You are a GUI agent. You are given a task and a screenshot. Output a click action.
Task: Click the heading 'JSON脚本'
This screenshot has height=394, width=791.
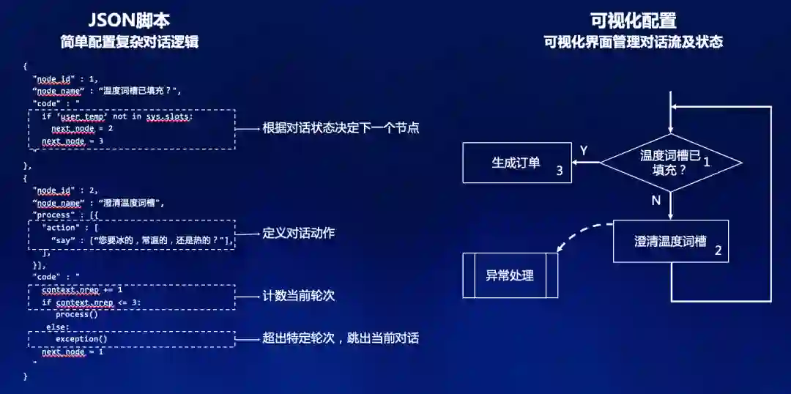point(130,20)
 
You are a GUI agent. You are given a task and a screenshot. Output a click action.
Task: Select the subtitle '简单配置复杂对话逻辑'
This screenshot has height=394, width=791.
point(130,42)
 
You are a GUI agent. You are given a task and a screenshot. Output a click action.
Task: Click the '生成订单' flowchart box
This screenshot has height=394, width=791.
point(516,163)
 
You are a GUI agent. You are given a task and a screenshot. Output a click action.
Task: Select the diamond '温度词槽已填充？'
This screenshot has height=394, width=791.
point(669,163)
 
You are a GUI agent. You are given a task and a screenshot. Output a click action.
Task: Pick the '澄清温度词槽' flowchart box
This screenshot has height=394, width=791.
point(670,241)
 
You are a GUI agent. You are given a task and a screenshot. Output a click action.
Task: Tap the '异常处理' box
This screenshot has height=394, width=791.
point(510,275)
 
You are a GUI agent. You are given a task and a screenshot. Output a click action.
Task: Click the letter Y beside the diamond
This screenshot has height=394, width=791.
point(584,151)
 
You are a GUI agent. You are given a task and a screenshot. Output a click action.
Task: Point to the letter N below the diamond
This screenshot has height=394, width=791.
point(656,200)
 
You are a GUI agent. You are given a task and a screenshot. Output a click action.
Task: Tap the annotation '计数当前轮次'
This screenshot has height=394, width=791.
point(299,296)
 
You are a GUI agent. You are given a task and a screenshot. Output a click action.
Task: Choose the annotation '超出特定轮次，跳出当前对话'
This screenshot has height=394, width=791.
point(341,338)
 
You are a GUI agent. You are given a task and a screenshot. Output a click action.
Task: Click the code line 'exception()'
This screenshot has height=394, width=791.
point(81,339)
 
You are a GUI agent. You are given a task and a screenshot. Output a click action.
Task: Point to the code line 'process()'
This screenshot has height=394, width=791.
point(76,315)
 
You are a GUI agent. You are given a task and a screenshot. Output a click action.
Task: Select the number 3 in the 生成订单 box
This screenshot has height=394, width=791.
point(559,171)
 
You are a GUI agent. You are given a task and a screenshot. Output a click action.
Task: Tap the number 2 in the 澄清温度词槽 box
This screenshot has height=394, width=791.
point(718,250)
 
